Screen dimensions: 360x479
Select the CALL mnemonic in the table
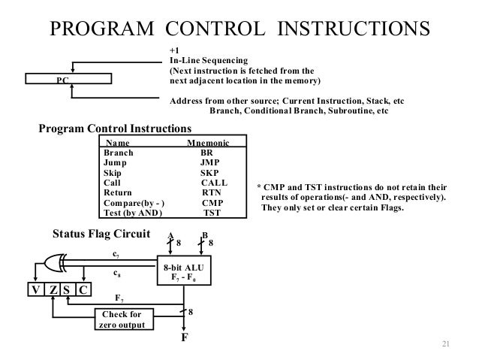(x=214, y=182)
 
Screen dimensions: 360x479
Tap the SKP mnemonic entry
(x=209, y=172)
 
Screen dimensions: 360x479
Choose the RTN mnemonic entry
(x=212, y=192)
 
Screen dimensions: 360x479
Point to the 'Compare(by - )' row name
(x=135, y=203)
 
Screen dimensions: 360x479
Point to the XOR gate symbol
(x=54, y=263)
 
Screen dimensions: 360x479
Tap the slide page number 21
(x=444, y=344)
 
